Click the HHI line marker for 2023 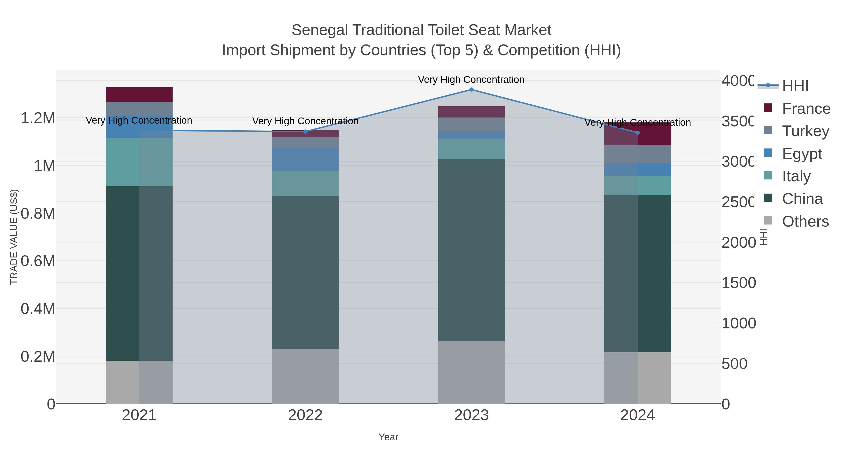(471, 90)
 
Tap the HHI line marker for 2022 (305, 132)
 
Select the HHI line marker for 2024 (637, 133)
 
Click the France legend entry (806, 109)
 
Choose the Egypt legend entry (802, 154)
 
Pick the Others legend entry (805, 221)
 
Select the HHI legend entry (795, 86)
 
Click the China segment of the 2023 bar (471, 250)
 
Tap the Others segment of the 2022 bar (305, 376)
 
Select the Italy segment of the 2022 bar (305, 184)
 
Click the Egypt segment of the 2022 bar (305, 160)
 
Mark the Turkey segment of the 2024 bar (637, 154)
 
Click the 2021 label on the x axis (139, 416)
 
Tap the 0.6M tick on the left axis (38, 261)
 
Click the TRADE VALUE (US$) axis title (14, 237)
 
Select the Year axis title (388, 437)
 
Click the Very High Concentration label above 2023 (471, 80)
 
